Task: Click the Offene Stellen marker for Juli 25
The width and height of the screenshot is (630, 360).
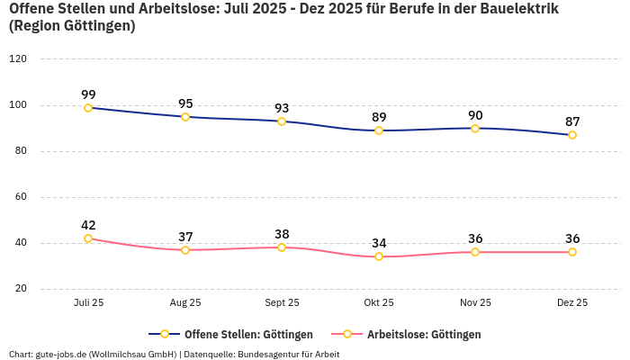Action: [x=88, y=108]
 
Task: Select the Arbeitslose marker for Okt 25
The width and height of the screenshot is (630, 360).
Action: [x=379, y=256]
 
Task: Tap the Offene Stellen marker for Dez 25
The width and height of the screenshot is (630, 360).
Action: [x=572, y=135]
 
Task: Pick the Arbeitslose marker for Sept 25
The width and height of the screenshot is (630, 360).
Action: [x=282, y=247]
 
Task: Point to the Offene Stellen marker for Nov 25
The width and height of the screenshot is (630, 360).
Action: [x=475, y=128]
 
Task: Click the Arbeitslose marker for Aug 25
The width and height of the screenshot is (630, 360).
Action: [x=185, y=249]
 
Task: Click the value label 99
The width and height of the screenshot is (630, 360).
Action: [x=88, y=94]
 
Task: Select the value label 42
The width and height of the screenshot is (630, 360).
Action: [x=88, y=225]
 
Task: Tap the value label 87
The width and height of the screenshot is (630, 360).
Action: [x=572, y=121]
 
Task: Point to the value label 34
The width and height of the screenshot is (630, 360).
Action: [x=379, y=243]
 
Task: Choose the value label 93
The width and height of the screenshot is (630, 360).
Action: [x=282, y=108]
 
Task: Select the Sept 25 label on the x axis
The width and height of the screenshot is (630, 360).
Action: [x=282, y=303]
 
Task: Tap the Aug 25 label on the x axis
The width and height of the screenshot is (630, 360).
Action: [x=185, y=303]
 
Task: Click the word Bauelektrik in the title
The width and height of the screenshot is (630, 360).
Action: [x=517, y=9]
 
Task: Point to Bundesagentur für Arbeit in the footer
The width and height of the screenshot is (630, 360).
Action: [x=288, y=354]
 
